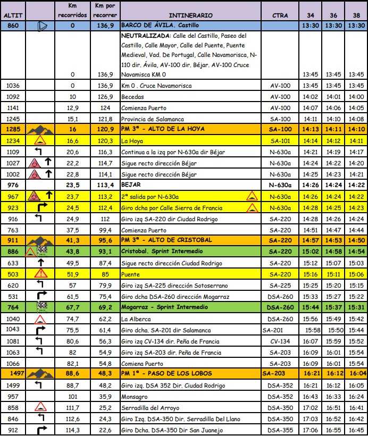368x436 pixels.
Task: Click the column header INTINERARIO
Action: pyautogui.click(x=190, y=15)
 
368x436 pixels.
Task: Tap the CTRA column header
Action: pyautogui.click(x=280, y=15)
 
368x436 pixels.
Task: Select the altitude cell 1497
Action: pyautogui.click(x=13, y=374)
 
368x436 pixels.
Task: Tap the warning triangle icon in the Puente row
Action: pyautogui.click(x=40, y=274)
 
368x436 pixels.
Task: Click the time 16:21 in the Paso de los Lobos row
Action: pyautogui.click(x=310, y=374)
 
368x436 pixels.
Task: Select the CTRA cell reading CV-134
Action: pyautogui.click(x=280, y=341)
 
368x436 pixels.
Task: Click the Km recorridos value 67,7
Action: pyautogui.click(x=73, y=307)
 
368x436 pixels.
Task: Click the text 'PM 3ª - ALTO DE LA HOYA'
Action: pyautogui.click(x=159, y=129)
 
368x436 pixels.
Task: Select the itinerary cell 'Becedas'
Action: pyautogui.click(x=132, y=97)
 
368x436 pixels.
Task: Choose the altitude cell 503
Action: pyautogui.click(x=13, y=274)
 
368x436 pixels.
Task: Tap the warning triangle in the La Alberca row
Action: pyautogui.click(x=40, y=319)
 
